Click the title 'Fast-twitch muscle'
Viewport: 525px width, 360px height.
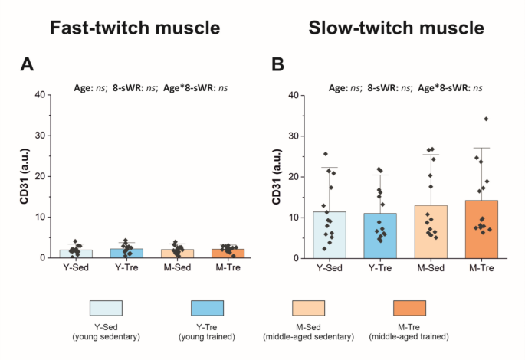[x=135, y=28]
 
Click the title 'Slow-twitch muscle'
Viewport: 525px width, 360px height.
[x=395, y=28]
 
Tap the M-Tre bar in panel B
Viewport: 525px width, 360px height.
[x=482, y=230]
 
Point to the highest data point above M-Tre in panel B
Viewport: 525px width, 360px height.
[x=486, y=119]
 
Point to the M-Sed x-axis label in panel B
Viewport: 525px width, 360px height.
[x=431, y=267]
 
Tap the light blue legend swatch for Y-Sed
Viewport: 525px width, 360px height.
[x=106, y=307]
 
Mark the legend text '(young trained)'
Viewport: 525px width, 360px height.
[x=207, y=336]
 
